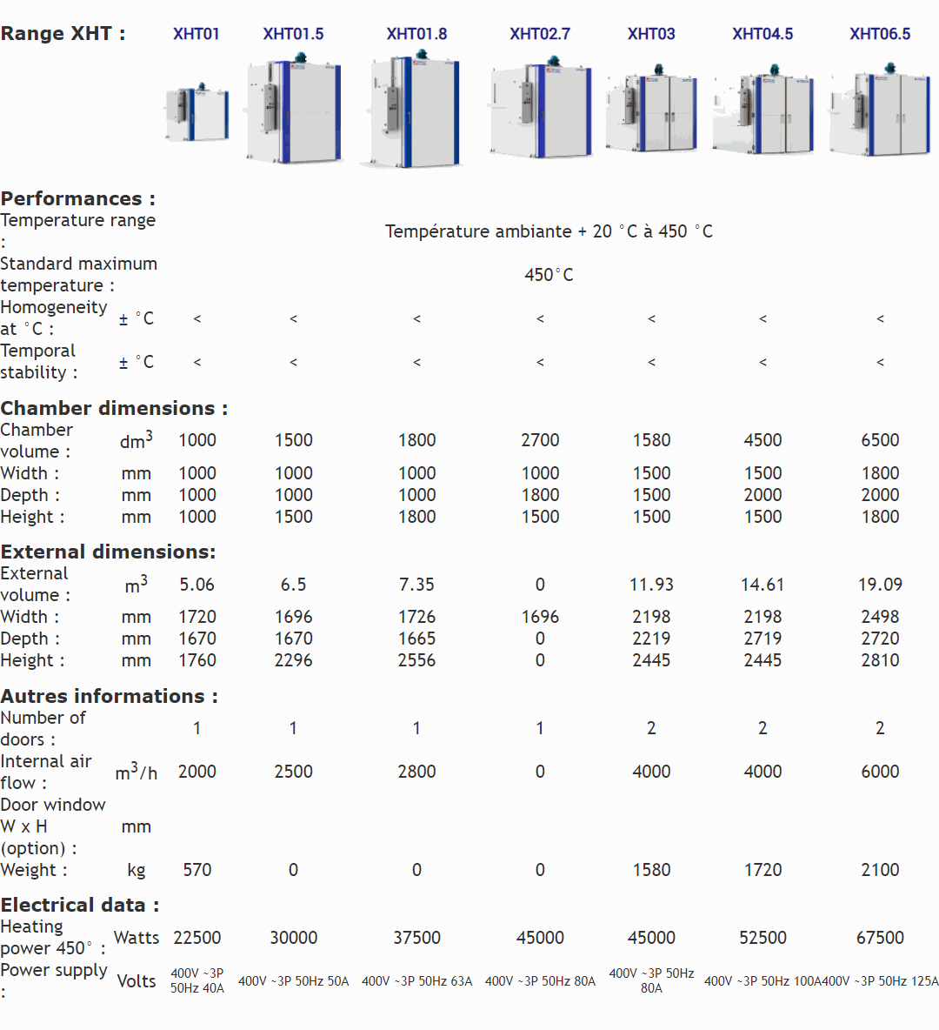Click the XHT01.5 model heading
click(293, 34)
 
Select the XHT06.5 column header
click(880, 34)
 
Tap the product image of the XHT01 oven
click(197, 113)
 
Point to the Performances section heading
click(78, 198)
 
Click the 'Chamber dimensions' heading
click(114, 408)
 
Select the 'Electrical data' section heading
click(80, 905)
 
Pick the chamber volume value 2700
click(540, 440)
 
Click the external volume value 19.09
click(880, 585)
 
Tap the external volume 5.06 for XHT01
click(197, 585)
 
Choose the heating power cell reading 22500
click(197, 938)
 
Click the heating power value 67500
click(880, 938)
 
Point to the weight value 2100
click(880, 870)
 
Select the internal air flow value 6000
click(880, 772)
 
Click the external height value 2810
click(880, 660)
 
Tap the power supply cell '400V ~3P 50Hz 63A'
click(416, 981)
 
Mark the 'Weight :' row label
click(34, 870)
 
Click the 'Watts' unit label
click(137, 938)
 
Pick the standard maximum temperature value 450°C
click(549, 275)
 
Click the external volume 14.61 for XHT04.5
click(763, 585)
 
